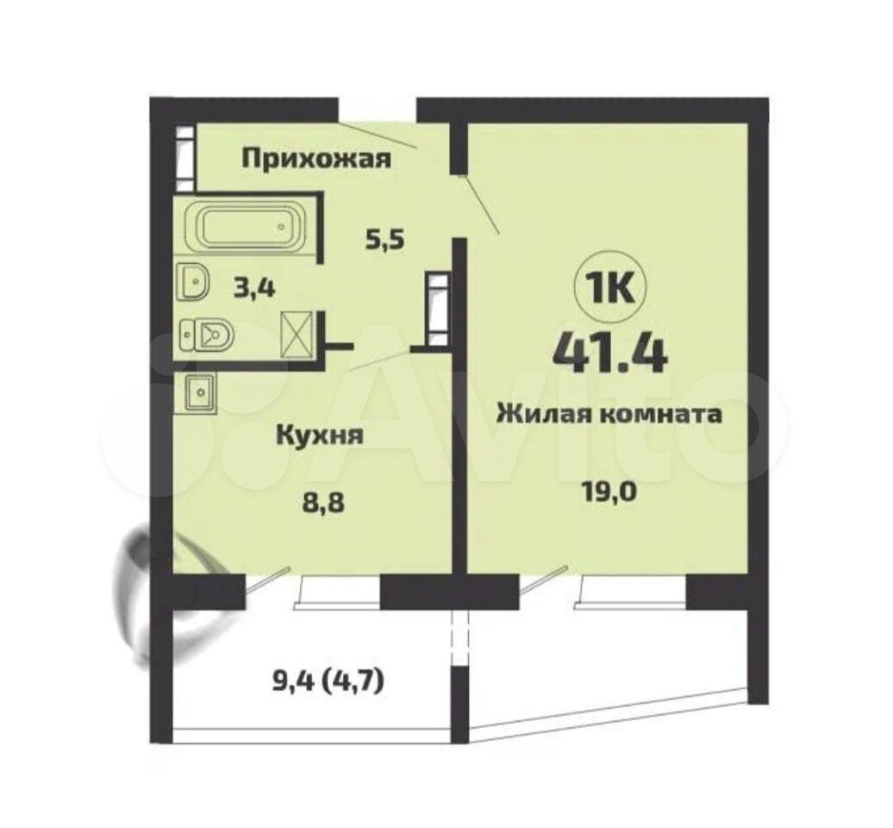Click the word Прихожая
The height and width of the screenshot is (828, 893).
click(x=316, y=159)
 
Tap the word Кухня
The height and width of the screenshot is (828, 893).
click(x=320, y=436)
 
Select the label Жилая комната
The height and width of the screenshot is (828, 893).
click(x=609, y=414)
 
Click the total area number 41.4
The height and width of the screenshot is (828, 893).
click(x=609, y=353)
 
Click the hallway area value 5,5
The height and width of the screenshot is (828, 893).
click(x=384, y=241)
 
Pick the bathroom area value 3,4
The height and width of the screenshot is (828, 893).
click(x=254, y=289)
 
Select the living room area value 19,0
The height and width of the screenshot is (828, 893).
click(x=609, y=491)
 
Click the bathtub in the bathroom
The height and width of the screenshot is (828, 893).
click(x=247, y=227)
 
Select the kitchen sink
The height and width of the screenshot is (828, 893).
click(x=199, y=392)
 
